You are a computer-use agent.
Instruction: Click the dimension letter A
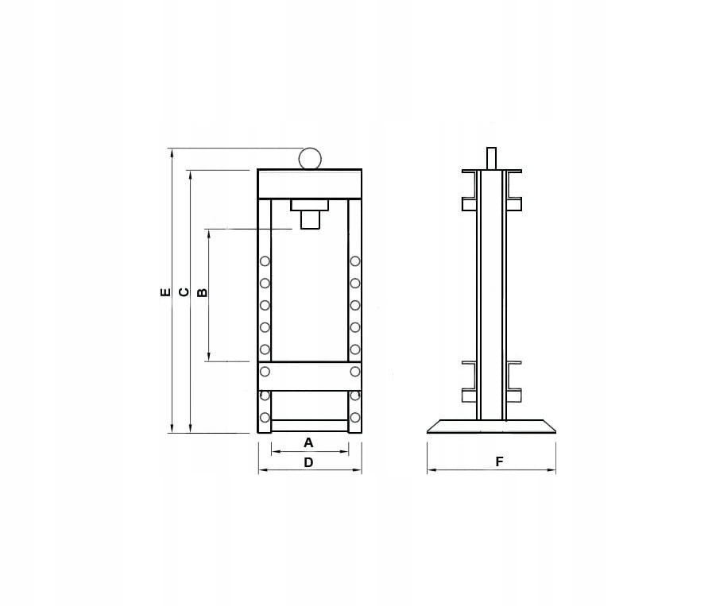pos(308,442)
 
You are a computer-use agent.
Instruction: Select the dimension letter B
pos(202,292)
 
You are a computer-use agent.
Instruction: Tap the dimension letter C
pos(184,292)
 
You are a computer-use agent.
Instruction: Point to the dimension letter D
pos(308,462)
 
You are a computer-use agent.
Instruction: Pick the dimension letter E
pos(165,292)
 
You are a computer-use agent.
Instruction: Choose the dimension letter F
pos(500,461)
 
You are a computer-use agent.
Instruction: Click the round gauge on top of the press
pos(310,158)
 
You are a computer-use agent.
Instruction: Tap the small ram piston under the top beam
pos(310,219)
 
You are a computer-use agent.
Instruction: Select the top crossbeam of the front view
pos(310,184)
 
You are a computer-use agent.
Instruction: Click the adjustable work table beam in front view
pos(310,376)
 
